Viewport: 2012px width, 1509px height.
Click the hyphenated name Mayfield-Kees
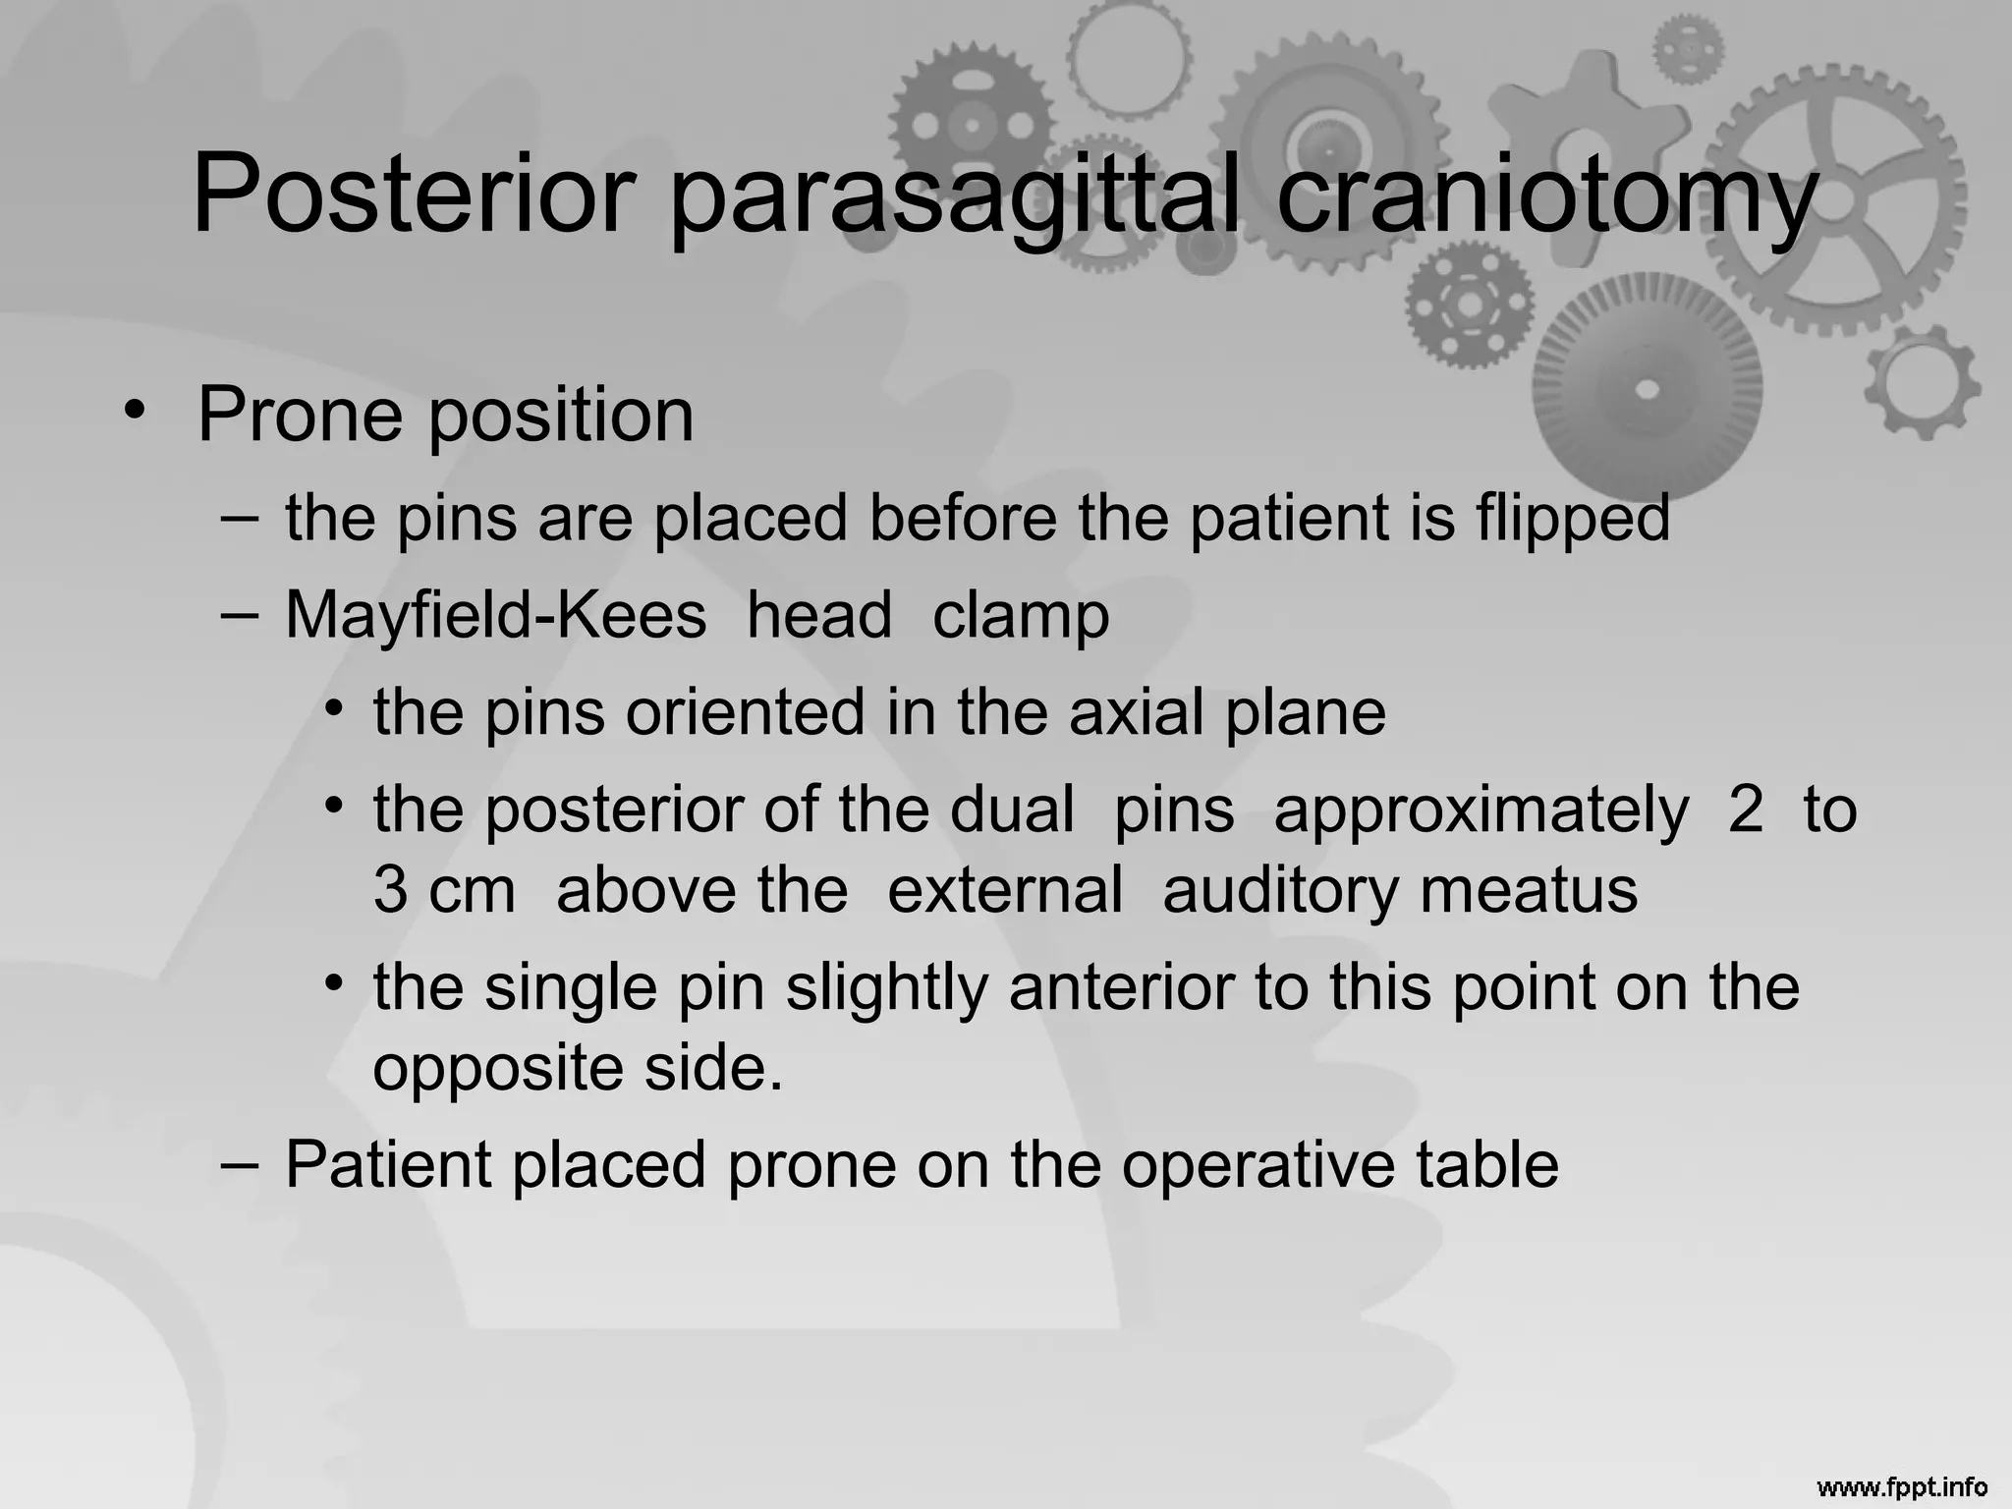(x=495, y=616)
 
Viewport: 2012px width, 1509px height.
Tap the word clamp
(x=1021, y=617)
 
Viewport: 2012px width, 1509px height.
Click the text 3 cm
(x=444, y=890)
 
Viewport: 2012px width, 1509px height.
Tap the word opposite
(x=497, y=1070)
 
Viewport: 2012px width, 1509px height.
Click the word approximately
(x=1481, y=812)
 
